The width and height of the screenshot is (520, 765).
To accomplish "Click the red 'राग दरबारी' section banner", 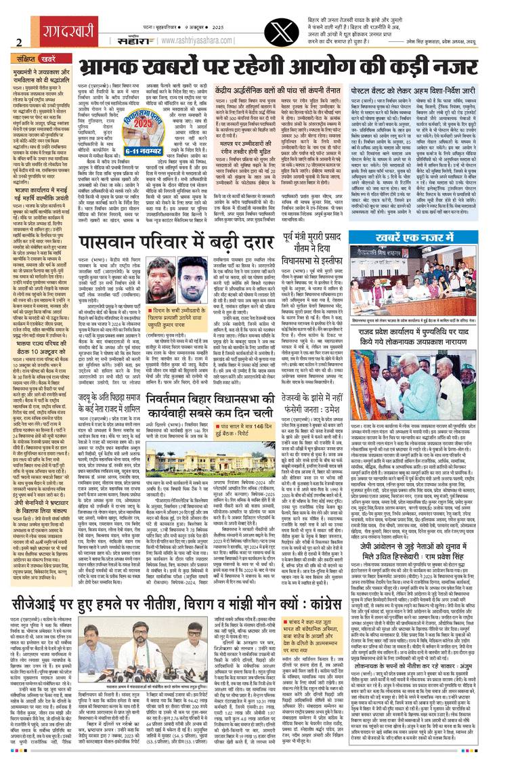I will [x=39, y=19].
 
